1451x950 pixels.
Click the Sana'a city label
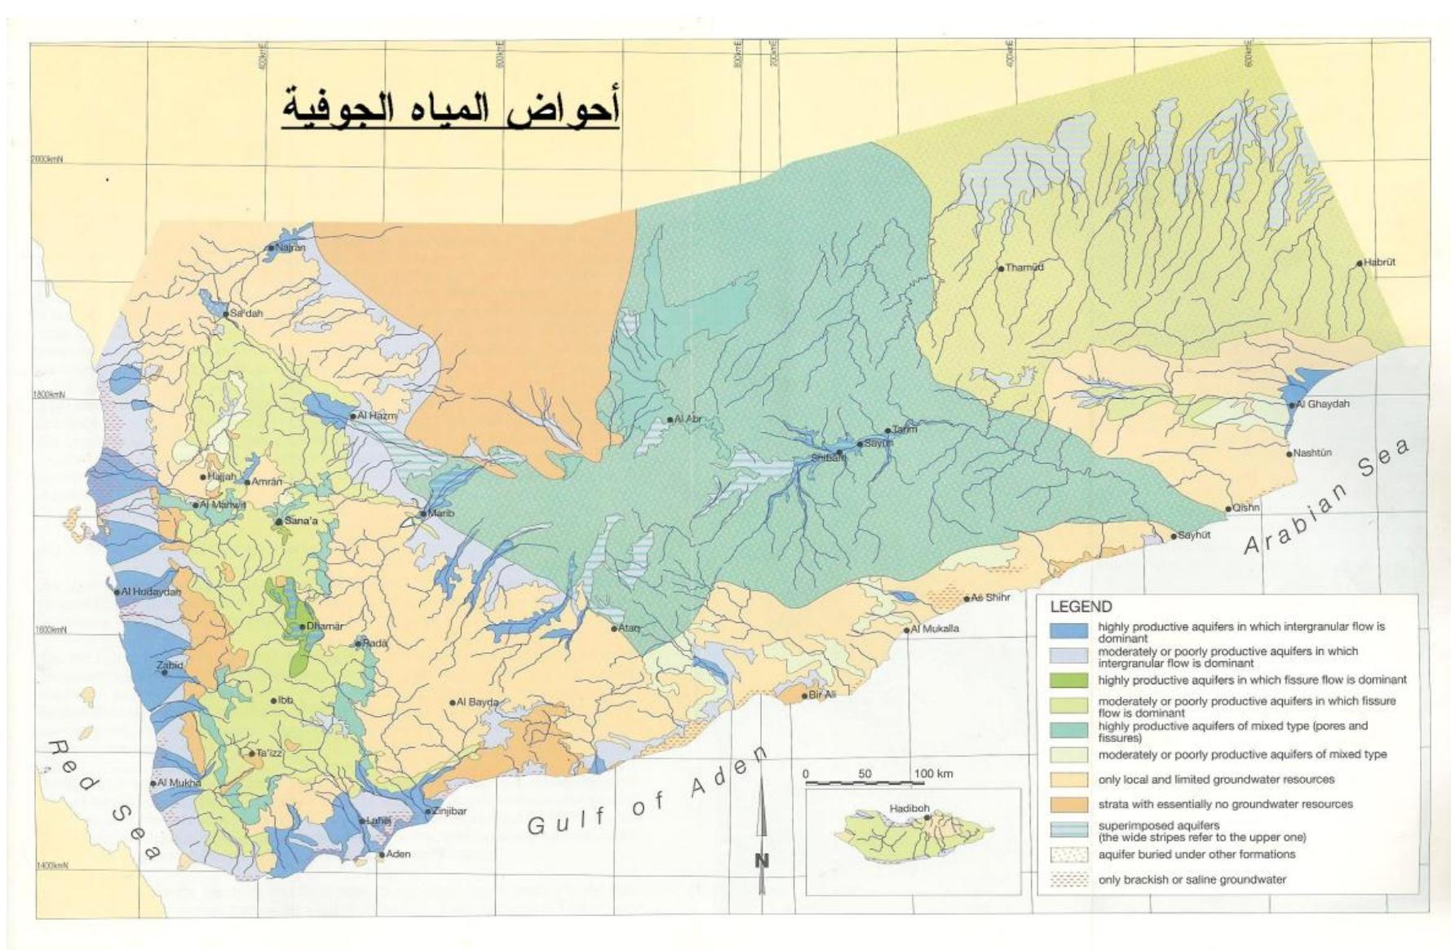click(300, 521)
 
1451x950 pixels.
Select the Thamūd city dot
click(1001, 268)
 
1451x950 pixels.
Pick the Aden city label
click(398, 854)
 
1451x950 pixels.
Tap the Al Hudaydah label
click(150, 591)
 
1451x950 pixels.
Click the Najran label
click(290, 247)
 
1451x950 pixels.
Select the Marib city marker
click(423, 514)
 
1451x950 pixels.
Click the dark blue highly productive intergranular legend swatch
click(1068, 631)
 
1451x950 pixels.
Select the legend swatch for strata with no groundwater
click(1068, 805)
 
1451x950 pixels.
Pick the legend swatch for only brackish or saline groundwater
click(1068, 880)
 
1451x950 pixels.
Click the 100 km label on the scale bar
click(933, 773)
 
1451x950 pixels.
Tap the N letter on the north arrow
click(762, 860)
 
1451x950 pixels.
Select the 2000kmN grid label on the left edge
click(46, 160)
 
